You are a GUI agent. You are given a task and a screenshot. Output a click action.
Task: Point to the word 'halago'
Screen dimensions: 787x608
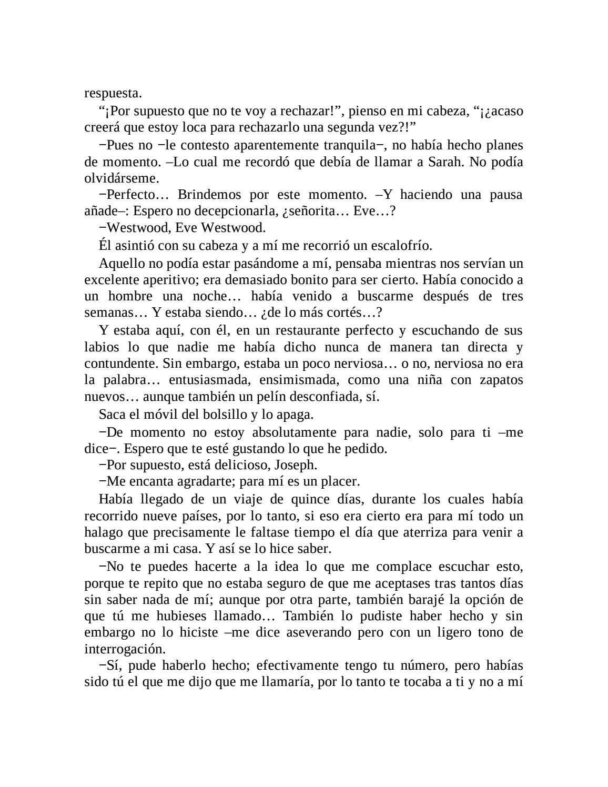click(102, 532)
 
